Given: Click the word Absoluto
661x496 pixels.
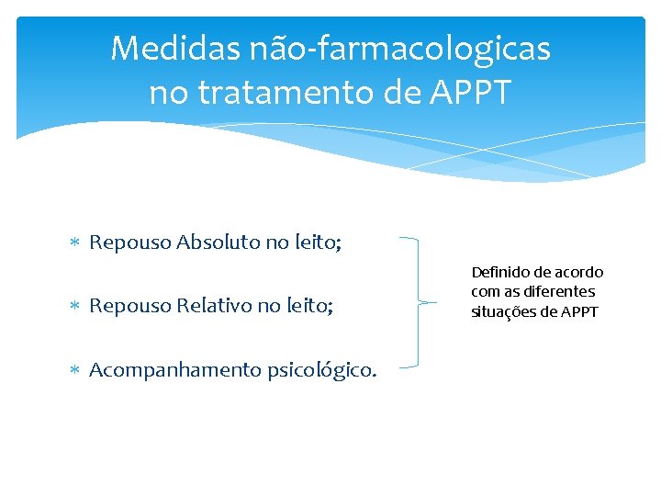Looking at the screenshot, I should (x=218, y=242).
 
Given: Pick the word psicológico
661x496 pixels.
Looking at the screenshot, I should (x=315, y=370).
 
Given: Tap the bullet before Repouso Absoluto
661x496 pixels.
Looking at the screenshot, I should (x=77, y=243).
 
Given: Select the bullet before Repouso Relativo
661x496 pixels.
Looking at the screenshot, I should (x=77, y=307).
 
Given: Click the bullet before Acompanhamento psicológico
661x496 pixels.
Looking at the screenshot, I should (x=77, y=370).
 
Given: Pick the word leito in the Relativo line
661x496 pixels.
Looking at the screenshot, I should (x=310, y=306).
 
